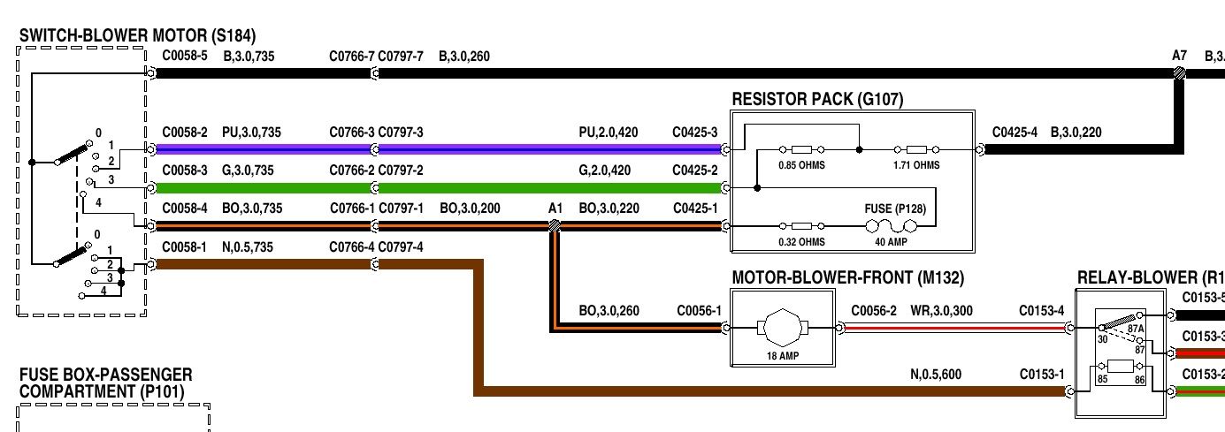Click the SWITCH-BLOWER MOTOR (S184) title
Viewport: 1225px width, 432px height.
click(x=137, y=36)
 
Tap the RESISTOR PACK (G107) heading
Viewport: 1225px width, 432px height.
click(x=818, y=100)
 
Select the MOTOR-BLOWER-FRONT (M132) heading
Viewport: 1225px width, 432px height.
click(x=847, y=278)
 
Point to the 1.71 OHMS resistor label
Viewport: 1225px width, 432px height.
click(x=915, y=165)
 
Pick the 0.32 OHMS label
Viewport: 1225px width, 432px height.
click(x=801, y=241)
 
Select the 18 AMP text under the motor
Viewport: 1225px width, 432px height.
click(x=784, y=356)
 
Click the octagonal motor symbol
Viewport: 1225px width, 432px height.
click(x=784, y=328)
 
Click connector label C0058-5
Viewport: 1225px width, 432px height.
click(x=185, y=57)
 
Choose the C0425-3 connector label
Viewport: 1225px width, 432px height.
click(x=695, y=133)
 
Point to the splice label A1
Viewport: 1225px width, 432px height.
click(x=555, y=208)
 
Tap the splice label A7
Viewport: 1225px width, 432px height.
click(x=1179, y=56)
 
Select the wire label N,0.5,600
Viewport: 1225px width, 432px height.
click(x=936, y=375)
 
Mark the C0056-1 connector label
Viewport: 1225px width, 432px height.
click(x=700, y=311)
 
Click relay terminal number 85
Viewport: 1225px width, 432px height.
click(x=1101, y=381)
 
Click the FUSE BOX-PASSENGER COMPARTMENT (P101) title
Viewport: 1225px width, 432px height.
click(x=106, y=383)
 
